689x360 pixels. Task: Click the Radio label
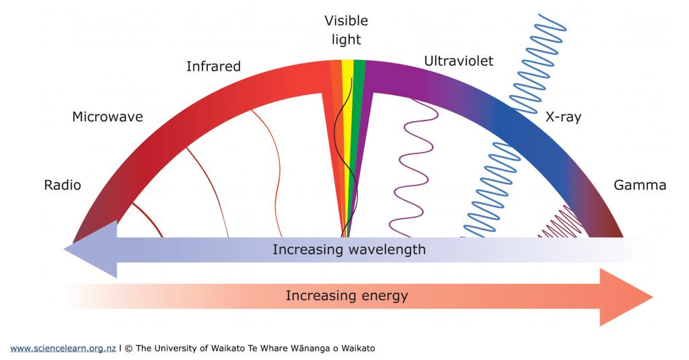(62, 185)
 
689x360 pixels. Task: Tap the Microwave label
(108, 117)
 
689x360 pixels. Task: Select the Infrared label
(213, 66)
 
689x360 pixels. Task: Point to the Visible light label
(346, 30)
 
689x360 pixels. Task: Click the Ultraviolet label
(458, 61)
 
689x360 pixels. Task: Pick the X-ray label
(564, 117)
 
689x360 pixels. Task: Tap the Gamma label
(639, 185)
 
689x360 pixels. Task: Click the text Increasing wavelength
(349, 250)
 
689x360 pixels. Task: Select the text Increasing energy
(347, 295)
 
